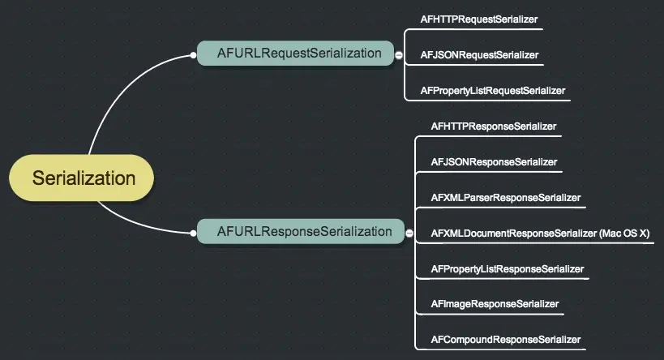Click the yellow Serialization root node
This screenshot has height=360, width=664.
[x=82, y=178]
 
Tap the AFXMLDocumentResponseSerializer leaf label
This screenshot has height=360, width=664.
[x=514, y=234]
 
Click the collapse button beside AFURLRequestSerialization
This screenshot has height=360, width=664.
[x=399, y=54]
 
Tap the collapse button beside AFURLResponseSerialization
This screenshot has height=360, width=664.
[x=409, y=233]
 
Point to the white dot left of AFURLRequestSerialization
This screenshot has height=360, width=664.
[x=193, y=55]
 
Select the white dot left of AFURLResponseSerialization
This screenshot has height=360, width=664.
[x=193, y=234]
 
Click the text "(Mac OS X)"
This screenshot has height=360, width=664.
[x=625, y=234]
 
